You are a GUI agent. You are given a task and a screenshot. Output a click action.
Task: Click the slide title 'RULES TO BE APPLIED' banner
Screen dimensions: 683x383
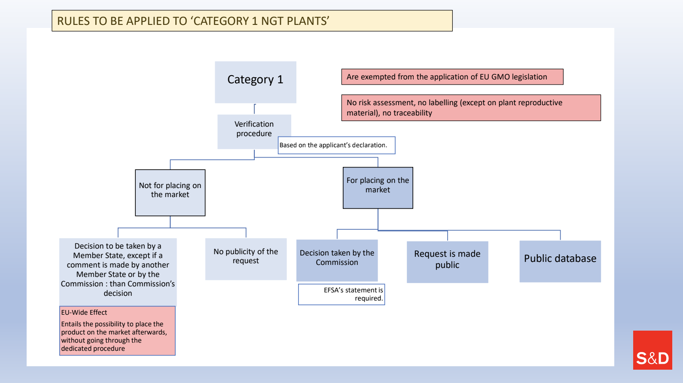[x=252, y=21]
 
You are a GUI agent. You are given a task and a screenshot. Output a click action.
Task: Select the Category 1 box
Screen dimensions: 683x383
[x=256, y=82]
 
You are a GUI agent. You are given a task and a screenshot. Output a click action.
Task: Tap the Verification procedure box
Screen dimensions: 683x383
[x=254, y=132]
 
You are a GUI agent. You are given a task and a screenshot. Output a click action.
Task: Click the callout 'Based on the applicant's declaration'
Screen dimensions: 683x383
[x=337, y=145]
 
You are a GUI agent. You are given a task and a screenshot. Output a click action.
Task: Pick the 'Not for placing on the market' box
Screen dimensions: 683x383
[x=170, y=193]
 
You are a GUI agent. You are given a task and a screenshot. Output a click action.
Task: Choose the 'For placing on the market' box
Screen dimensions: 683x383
[x=378, y=188]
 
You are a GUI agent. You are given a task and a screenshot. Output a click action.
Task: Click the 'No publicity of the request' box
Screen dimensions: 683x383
[x=246, y=259]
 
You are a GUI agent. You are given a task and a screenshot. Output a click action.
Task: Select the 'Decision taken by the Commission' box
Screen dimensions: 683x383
[x=337, y=261]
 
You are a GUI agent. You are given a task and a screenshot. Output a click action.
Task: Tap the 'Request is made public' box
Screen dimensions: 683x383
[x=447, y=262]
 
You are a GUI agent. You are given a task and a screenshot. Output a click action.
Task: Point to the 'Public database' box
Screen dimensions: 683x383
[x=560, y=261]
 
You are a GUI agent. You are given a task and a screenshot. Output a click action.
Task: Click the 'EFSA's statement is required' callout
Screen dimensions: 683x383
[x=341, y=294]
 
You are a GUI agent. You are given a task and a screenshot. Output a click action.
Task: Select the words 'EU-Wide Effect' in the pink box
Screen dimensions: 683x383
[x=84, y=312]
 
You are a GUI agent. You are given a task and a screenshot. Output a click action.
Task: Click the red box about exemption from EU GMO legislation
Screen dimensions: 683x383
[x=452, y=77]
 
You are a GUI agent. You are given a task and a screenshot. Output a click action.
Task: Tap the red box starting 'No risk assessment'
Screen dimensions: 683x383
[x=471, y=108]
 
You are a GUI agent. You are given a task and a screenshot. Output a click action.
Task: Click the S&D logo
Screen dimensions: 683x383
[x=653, y=350]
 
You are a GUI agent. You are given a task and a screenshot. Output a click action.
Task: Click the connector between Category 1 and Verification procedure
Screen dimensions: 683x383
[x=255, y=109]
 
